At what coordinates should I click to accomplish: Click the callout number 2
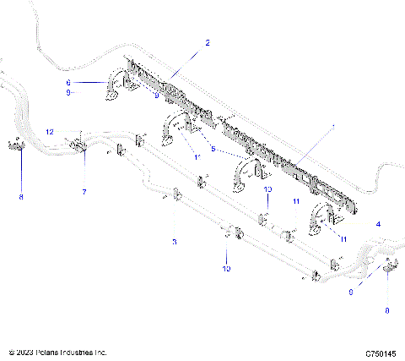click(x=208, y=41)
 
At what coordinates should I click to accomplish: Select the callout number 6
click(x=69, y=82)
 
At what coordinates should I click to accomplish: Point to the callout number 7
click(x=84, y=193)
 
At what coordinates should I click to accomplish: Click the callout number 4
click(x=377, y=223)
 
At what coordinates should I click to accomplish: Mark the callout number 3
click(x=175, y=243)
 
